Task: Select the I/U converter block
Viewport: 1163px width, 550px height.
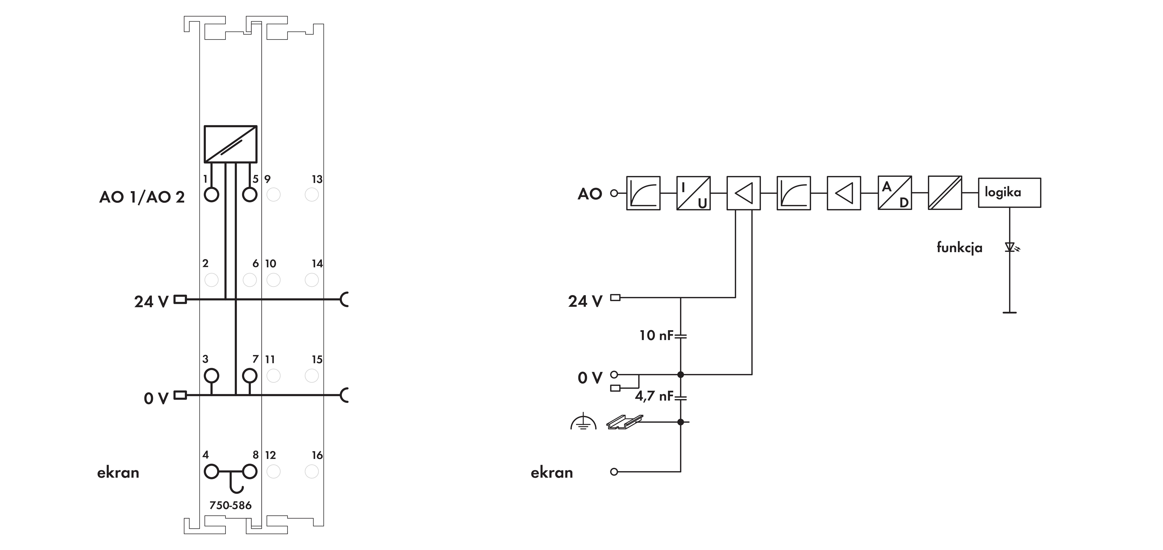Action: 693,193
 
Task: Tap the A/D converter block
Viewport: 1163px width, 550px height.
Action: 894,193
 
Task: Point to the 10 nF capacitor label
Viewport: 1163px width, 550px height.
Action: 655,335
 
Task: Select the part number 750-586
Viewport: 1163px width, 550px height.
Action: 230,505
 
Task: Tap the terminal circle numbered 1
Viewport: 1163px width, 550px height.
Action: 211,195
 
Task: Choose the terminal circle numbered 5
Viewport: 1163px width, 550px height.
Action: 250,195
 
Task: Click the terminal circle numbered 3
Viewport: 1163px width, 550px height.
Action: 211,376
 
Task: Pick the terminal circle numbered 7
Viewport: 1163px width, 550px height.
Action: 250,376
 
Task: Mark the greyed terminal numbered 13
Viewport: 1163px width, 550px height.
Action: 312,195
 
